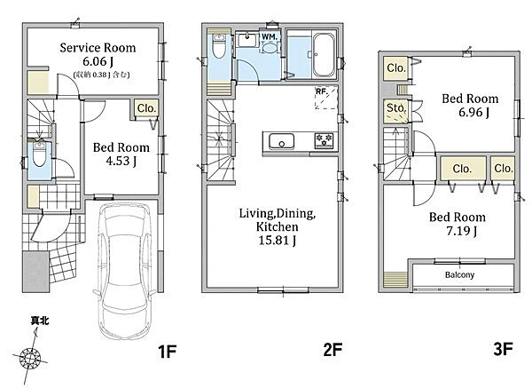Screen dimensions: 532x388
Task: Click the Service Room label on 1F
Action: pyautogui.click(x=98, y=48)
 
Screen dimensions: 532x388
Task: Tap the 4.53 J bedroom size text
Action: pyautogui.click(x=121, y=161)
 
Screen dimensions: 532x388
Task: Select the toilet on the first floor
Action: pyautogui.click(x=39, y=154)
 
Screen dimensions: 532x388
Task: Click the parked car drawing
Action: pyautogui.click(x=125, y=271)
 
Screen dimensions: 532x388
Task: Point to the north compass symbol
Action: pyautogui.click(x=30, y=358)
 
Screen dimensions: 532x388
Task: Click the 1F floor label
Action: pyautogui.click(x=168, y=352)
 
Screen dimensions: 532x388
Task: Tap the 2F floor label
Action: pyautogui.click(x=332, y=350)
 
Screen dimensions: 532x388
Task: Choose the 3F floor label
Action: pyautogui.click(x=503, y=349)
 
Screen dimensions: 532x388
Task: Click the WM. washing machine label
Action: pyautogui.click(x=270, y=36)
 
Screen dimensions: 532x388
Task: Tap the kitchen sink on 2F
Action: pyautogui.click(x=281, y=141)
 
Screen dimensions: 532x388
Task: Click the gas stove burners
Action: pyautogui.click(x=324, y=140)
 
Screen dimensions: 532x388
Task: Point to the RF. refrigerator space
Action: pyautogui.click(x=326, y=98)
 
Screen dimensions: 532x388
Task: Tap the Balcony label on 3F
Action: pyautogui.click(x=459, y=274)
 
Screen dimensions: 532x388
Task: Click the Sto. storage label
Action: pyautogui.click(x=396, y=107)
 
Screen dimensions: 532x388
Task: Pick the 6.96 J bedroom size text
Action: pyautogui.click(x=474, y=112)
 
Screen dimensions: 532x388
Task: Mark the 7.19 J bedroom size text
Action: pyautogui.click(x=461, y=231)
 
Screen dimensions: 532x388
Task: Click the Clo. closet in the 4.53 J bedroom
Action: pyautogui.click(x=146, y=108)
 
